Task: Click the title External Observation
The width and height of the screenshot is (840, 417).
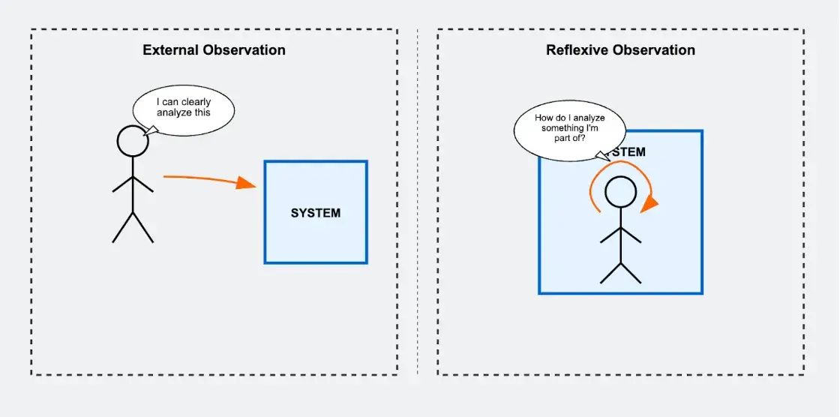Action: (214, 50)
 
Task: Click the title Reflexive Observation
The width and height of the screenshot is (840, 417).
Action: (620, 50)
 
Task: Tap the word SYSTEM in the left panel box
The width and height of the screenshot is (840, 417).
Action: (315, 213)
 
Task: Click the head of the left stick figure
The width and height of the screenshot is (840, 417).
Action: (133, 141)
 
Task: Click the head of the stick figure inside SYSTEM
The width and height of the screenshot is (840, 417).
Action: (620, 192)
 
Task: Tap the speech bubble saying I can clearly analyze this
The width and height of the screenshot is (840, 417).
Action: (184, 112)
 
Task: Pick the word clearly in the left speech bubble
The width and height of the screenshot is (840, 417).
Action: (196, 103)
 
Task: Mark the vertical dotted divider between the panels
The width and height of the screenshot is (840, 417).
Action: (418, 202)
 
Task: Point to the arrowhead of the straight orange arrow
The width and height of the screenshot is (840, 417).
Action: (247, 182)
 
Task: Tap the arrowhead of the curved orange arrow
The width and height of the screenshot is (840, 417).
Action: (650, 202)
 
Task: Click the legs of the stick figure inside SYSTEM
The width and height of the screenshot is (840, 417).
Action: (620, 272)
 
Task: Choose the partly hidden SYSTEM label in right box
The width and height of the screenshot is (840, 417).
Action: (628, 152)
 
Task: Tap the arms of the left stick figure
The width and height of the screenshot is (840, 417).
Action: (133, 184)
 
